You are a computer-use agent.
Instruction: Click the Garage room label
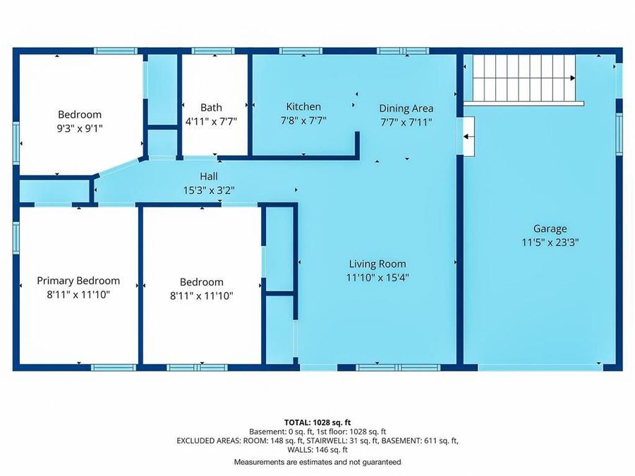tap(550, 228)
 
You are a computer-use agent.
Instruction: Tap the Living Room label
tap(377, 264)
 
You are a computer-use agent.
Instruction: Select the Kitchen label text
tap(303, 107)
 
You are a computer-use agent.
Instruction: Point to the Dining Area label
tap(406, 109)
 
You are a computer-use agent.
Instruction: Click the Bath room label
tap(211, 108)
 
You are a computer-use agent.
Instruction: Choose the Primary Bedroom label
tap(78, 281)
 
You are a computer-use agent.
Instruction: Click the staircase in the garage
tap(524, 78)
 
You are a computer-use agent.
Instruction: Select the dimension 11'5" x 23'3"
tap(550, 242)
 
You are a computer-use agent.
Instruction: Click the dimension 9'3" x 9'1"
tap(80, 128)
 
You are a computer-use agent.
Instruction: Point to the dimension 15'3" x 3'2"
tap(209, 190)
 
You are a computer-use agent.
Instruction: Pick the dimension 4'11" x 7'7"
tap(211, 121)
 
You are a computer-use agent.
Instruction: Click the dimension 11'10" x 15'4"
tap(377, 277)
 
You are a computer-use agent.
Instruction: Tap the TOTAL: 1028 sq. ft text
tap(317, 422)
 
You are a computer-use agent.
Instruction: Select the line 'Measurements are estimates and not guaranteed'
tap(317, 462)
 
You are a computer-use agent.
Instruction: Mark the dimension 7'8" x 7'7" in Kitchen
tap(303, 120)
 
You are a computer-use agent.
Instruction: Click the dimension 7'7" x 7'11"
tap(406, 121)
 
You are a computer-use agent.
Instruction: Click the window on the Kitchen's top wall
tap(301, 51)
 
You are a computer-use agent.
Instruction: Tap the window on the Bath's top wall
tap(213, 51)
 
